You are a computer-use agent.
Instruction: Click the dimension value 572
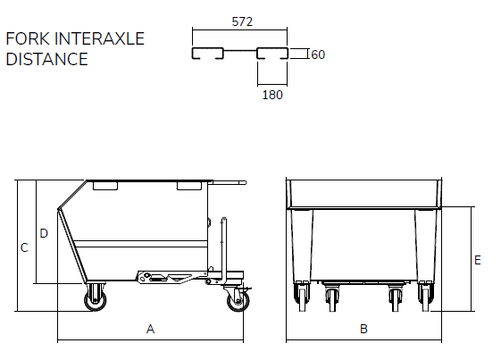[242, 21]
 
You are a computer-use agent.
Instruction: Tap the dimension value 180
[272, 95]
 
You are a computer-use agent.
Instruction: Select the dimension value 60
[318, 54]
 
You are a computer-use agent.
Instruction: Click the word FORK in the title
[28, 38]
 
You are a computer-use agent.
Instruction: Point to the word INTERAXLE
[100, 38]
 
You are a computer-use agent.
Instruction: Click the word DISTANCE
[47, 59]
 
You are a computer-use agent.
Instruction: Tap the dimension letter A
[150, 329]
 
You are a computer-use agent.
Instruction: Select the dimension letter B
[363, 329]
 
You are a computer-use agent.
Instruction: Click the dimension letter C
[24, 247]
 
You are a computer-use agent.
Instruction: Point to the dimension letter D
[44, 233]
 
